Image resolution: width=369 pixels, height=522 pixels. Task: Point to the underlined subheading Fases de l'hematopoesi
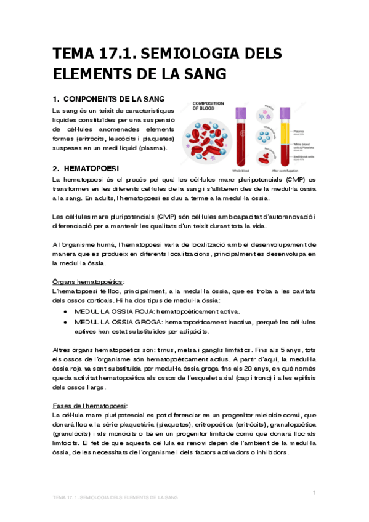tap(90, 406)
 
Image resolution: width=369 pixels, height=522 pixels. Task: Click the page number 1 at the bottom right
tap(314, 492)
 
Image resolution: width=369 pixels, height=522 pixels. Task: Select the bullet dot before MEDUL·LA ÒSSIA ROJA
tap(66, 312)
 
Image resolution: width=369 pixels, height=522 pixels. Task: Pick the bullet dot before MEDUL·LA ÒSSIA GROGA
tap(66, 322)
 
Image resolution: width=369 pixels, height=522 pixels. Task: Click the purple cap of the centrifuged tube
tap(285, 112)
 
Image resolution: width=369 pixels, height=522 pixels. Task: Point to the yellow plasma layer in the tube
tap(285, 130)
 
